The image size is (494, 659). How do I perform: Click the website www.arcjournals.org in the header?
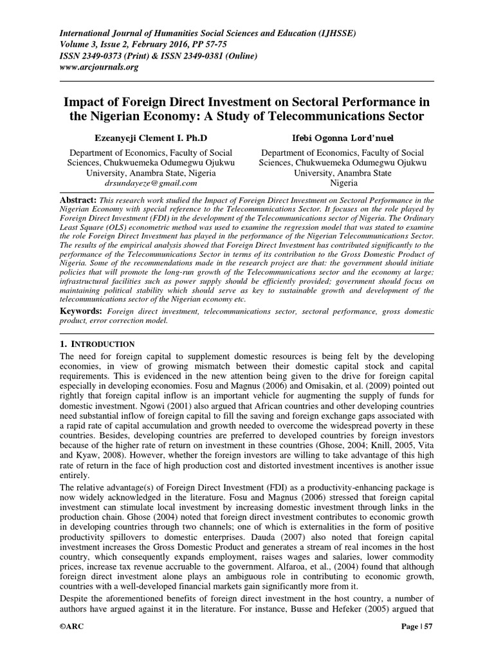pos(100,67)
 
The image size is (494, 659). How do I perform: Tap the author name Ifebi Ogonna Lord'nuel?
pos(341,138)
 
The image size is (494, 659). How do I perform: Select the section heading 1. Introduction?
pos(97,344)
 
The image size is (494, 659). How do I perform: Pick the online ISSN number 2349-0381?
pos(213,55)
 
